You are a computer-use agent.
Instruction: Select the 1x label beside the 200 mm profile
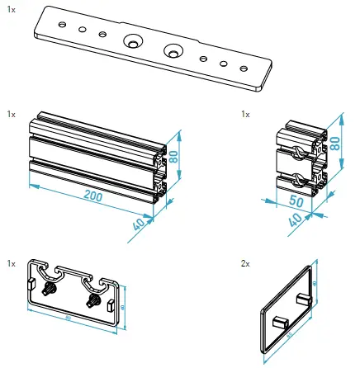click(10, 113)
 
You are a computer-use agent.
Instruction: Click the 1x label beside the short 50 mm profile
click(244, 113)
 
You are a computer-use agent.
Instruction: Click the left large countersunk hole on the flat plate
click(131, 41)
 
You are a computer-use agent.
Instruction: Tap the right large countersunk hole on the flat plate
click(173, 50)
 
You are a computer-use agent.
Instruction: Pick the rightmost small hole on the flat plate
click(242, 67)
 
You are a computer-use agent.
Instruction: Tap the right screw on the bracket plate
click(92, 302)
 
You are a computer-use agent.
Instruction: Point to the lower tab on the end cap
click(276, 319)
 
